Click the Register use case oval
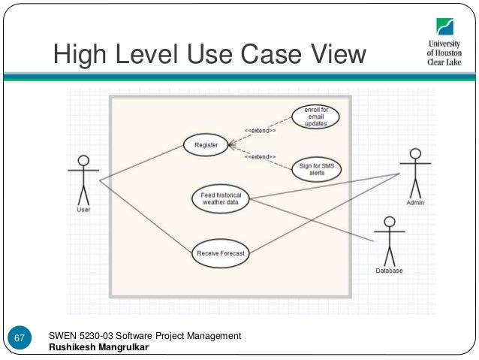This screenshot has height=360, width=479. click(x=206, y=144)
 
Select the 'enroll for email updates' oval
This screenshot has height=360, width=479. click(x=315, y=118)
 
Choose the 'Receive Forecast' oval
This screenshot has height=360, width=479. click(x=220, y=253)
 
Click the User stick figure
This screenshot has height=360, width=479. click(x=83, y=180)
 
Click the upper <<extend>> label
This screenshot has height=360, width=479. click(x=260, y=131)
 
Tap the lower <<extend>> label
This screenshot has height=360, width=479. click(x=259, y=156)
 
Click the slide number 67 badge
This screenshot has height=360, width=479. click(x=21, y=340)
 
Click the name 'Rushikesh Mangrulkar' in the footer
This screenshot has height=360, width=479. click(x=98, y=346)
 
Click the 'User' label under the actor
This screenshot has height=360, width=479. click(x=84, y=210)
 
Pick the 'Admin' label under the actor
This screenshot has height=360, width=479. click(x=415, y=203)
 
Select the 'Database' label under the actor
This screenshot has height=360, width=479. click(x=389, y=271)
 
